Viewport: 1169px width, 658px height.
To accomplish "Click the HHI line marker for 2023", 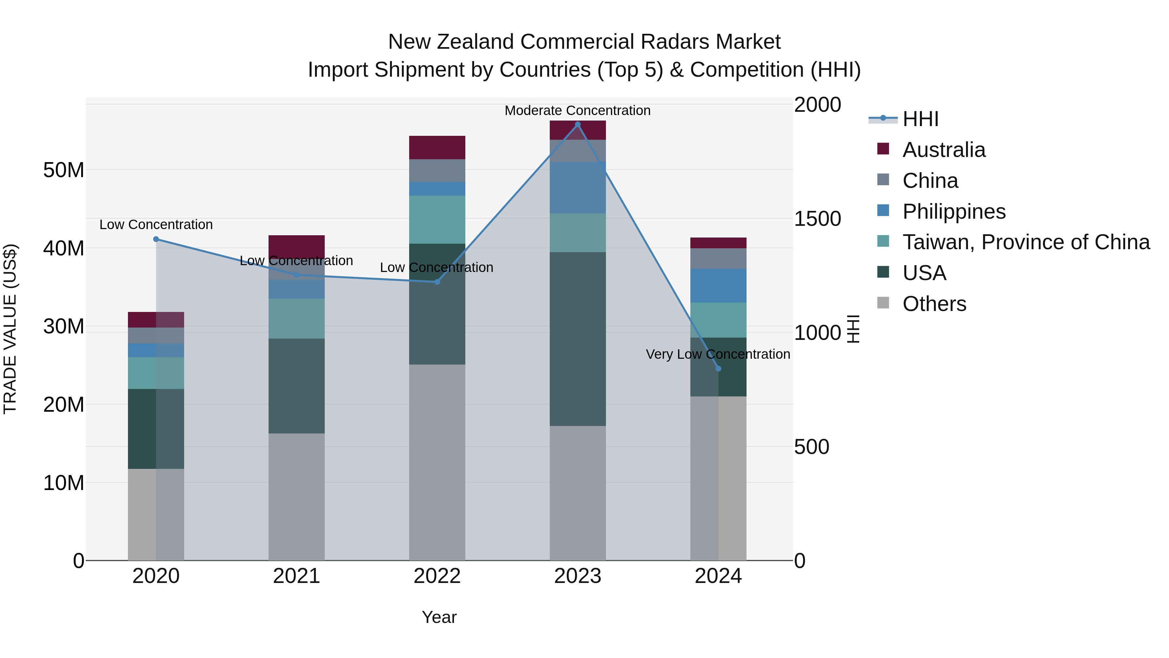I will click(577, 124).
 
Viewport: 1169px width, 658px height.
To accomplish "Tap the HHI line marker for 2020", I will click(156, 239).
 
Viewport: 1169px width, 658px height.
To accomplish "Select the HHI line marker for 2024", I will click(718, 369).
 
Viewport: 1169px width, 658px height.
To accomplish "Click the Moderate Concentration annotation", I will click(577, 110).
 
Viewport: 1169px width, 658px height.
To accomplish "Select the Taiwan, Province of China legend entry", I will click(1025, 242).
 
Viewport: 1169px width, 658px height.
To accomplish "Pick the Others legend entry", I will click(934, 304).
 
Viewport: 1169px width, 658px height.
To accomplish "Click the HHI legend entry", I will click(920, 119).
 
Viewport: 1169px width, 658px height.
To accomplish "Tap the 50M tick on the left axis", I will click(64, 170).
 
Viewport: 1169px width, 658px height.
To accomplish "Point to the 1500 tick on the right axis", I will click(817, 219).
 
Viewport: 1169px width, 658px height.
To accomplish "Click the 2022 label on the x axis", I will click(437, 576).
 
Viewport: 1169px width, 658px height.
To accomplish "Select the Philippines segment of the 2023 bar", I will click(577, 187).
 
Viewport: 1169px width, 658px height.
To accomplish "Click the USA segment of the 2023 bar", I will click(577, 339).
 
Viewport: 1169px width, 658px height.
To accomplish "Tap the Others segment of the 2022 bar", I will click(437, 462).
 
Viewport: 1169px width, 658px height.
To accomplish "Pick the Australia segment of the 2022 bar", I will click(437, 148).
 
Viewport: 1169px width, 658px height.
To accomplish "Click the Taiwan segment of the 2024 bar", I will click(718, 320).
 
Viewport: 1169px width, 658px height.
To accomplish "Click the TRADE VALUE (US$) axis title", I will click(10, 329).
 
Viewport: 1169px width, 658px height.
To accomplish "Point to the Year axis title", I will click(439, 617).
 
